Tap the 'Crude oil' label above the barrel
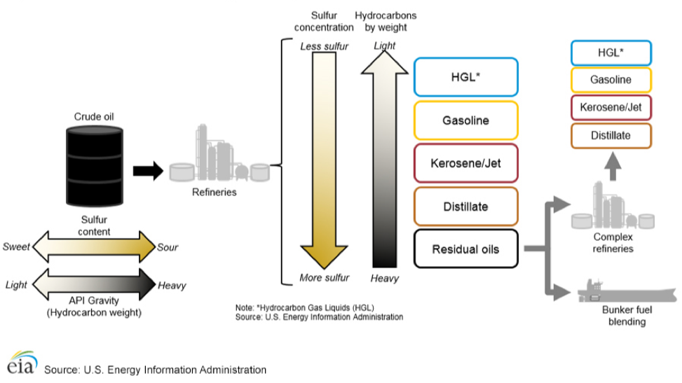[94, 117]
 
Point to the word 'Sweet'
[16, 247]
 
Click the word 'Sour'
[168, 247]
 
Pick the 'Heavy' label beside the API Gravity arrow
[172, 285]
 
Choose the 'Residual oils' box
[465, 249]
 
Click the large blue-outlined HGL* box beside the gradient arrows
[465, 77]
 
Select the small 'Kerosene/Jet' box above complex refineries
[611, 107]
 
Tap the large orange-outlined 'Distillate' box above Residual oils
[465, 207]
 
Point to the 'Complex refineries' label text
[614, 243]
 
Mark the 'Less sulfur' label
[324, 47]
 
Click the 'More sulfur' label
[324, 278]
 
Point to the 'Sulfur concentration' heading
[324, 22]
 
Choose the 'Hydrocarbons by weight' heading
[385, 22]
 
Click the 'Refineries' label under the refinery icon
[214, 193]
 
